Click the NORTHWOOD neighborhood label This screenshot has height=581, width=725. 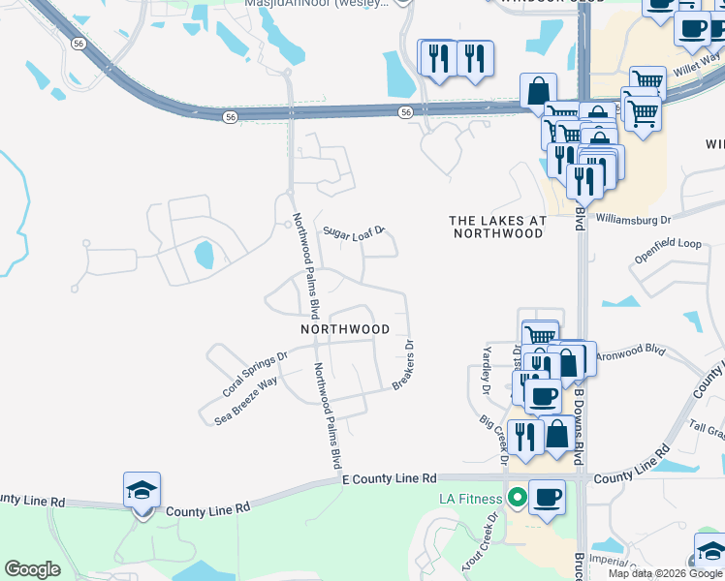(345, 329)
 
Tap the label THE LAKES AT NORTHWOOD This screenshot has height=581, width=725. (498, 227)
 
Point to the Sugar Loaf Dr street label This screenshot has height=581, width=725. (355, 232)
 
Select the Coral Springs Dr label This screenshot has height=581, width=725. (255, 374)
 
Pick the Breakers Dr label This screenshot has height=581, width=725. (404, 365)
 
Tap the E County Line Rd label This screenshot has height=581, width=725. (390, 478)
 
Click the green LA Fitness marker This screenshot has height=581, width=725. (518, 499)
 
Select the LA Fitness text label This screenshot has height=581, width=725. (471, 499)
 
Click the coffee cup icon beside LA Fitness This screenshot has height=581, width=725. (548, 497)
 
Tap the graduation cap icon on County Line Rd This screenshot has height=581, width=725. (142, 491)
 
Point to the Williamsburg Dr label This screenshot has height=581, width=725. (633, 220)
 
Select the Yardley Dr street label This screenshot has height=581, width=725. (487, 371)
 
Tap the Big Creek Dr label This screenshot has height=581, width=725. (492, 438)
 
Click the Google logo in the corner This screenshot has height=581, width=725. (32, 569)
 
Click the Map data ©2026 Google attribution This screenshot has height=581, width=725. (666, 573)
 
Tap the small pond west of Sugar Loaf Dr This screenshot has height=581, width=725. (204, 255)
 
